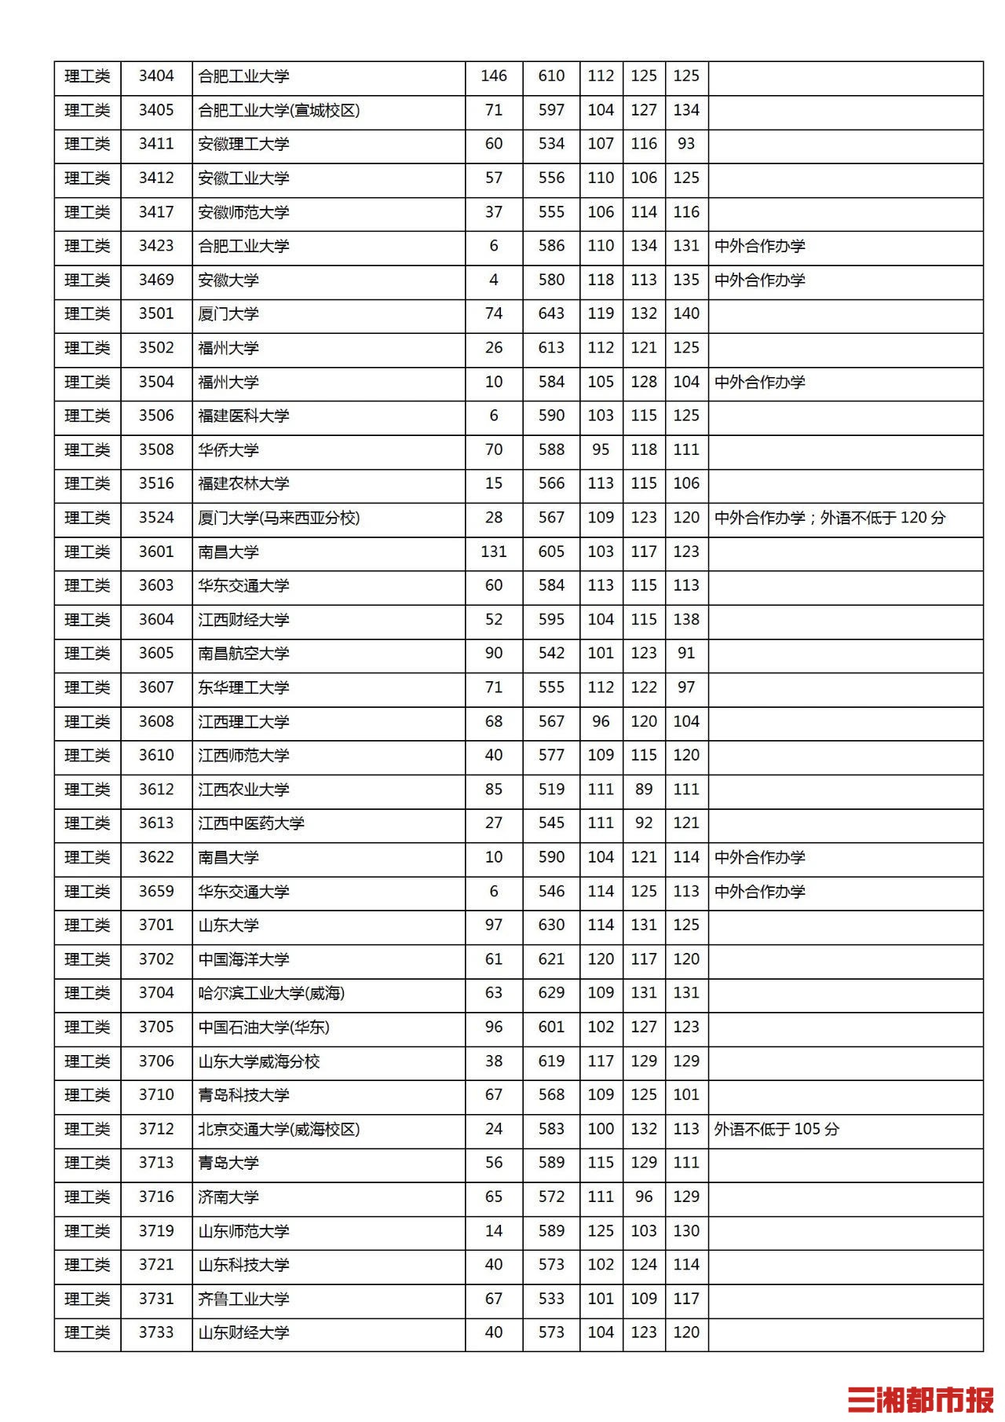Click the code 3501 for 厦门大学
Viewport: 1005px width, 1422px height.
click(156, 313)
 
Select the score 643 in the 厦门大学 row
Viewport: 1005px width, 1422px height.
click(551, 313)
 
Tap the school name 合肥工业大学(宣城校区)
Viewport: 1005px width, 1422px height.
click(279, 110)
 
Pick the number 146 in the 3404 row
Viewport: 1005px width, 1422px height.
click(494, 76)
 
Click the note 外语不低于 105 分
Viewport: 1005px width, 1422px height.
click(777, 1129)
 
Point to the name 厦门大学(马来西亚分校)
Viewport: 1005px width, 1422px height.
click(279, 518)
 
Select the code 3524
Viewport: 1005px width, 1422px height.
click(156, 518)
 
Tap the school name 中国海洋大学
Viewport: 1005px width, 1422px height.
click(243, 959)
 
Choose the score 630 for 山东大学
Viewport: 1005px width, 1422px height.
click(551, 925)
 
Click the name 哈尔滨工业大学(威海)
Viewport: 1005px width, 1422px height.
click(271, 993)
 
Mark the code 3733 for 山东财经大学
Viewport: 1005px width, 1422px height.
click(156, 1332)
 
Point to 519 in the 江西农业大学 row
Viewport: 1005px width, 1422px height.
click(551, 790)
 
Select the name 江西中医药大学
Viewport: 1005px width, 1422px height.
click(251, 823)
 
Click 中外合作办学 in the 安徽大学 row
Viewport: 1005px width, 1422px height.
click(760, 280)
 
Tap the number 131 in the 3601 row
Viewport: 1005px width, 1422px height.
click(494, 552)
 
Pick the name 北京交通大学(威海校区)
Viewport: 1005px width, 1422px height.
click(279, 1129)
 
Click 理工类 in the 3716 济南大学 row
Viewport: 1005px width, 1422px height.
click(87, 1197)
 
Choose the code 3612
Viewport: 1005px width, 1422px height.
click(156, 790)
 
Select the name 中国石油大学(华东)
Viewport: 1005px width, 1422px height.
click(264, 1027)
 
